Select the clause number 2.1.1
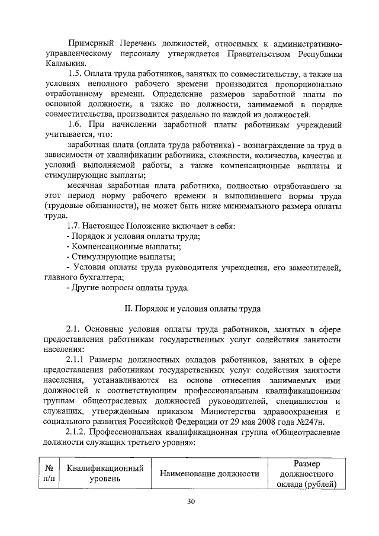click(78, 360)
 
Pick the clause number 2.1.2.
click(79, 432)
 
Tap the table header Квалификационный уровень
click(105, 473)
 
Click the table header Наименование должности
click(209, 473)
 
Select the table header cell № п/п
click(46, 473)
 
